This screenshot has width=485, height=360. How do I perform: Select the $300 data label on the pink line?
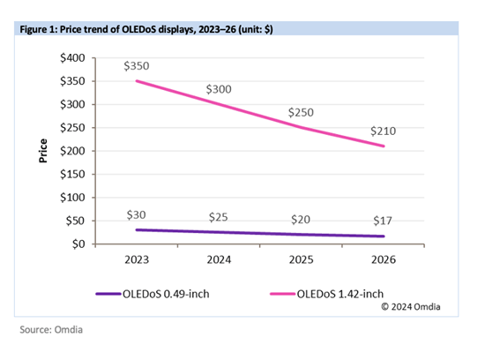tap(220, 90)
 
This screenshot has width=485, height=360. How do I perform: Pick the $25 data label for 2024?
tap(220, 217)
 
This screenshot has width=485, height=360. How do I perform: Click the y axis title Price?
tap(42, 151)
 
